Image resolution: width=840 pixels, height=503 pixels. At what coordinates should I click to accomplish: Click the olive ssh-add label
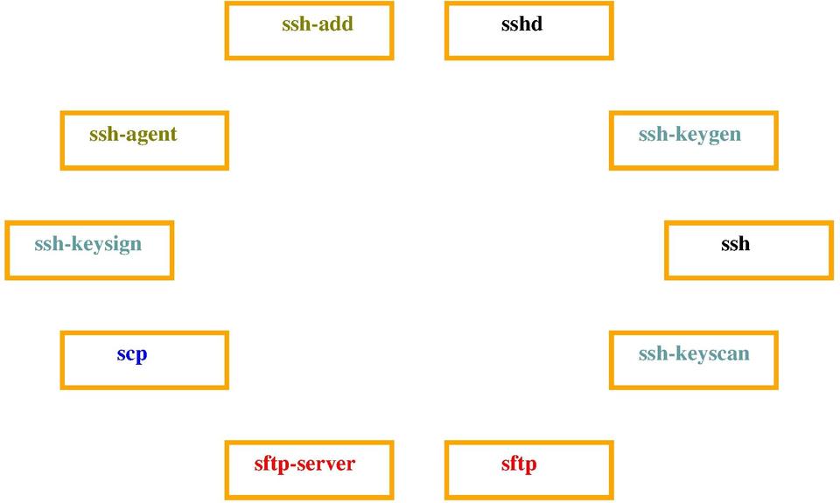pos(318,24)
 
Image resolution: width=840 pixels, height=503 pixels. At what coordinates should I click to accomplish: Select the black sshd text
pos(521,24)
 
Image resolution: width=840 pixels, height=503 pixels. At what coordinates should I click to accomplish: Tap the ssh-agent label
pos(133,135)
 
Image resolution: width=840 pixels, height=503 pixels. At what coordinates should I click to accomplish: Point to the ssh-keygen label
pos(690,135)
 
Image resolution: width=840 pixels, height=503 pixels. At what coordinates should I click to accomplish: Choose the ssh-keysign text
pos(88,244)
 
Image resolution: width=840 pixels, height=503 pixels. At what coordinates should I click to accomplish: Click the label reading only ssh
pos(735,244)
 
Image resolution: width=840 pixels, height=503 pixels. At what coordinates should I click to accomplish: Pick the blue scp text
pos(132,354)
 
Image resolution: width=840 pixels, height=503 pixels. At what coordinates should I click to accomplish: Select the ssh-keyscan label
pos(694,354)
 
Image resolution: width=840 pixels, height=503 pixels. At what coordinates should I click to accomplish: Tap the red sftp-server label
pos(304,464)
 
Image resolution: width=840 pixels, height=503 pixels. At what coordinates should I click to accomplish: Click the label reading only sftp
pos(519,464)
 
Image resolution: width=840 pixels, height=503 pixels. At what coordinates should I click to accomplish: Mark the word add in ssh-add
pos(336,24)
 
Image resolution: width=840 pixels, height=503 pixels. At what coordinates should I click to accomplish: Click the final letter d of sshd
pos(536,24)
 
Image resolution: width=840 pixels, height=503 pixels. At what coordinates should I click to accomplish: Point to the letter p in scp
pos(141,357)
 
